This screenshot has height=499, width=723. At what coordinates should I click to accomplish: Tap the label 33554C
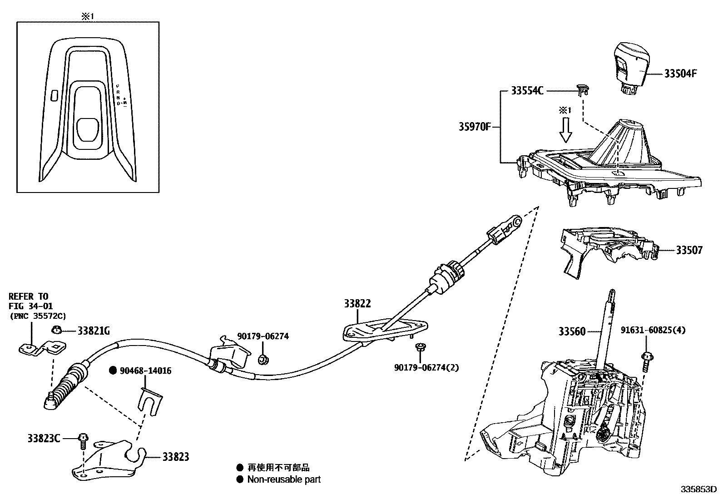pyautogui.click(x=527, y=91)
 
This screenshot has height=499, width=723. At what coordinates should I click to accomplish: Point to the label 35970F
pyautogui.click(x=474, y=126)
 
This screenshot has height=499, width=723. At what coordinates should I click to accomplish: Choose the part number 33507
pyautogui.click(x=689, y=250)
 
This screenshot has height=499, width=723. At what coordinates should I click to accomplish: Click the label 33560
pyautogui.click(x=572, y=332)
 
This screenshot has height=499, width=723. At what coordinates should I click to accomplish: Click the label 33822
pyautogui.click(x=357, y=304)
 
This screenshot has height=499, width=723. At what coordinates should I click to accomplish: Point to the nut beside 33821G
pyautogui.click(x=57, y=331)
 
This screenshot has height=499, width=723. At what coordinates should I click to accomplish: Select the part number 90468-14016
pyautogui.click(x=145, y=371)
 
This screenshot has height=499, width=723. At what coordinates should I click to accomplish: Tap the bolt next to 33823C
pyautogui.click(x=82, y=440)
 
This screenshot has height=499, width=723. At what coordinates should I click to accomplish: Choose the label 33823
pyautogui.click(x=176, y=457)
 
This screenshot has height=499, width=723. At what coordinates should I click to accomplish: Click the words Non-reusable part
pyautogui.click(x=284, y=479)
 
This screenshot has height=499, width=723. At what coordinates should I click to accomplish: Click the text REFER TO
pyautogui.click(x=28, y=296)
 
